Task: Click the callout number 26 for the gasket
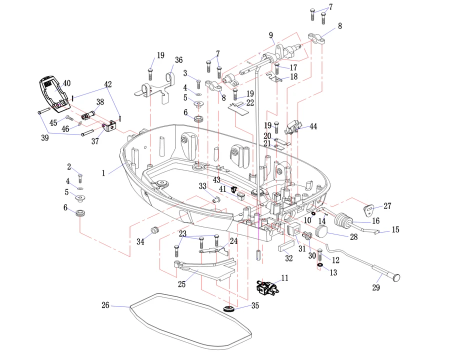(105, 305)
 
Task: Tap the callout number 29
(376, 287)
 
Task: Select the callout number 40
(66, 83)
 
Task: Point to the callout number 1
(103, 173)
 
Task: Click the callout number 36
(178, 60)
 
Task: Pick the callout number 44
(313, 127)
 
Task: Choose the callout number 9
(271, 35)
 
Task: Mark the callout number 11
(284, 277)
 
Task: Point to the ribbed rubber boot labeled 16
(343, 220)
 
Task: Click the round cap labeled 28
(321, 231)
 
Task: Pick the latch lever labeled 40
(54, 93)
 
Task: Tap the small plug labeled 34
(154, 230)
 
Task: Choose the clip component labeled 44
(294, 128)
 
